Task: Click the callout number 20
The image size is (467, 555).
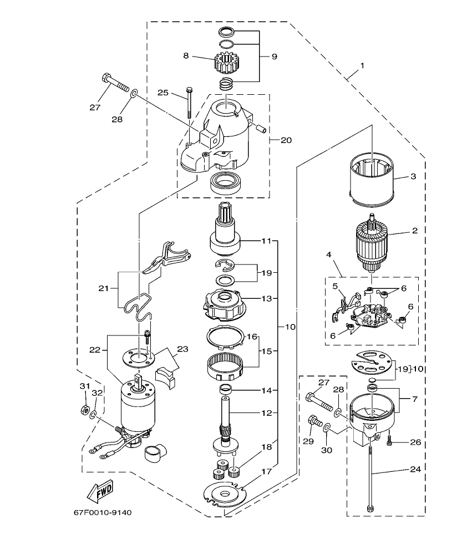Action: click(286, 140)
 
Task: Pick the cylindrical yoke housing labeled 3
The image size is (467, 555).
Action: click(373, 177)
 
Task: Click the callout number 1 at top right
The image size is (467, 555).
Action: click(362, 65)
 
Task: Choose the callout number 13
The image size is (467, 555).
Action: click(267, 298)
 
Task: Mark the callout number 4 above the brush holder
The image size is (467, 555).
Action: click(328, 256)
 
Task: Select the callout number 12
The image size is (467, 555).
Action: click(267, 413)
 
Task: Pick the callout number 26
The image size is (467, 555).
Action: click(416, 442)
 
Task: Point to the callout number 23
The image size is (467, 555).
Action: click(182, 349)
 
